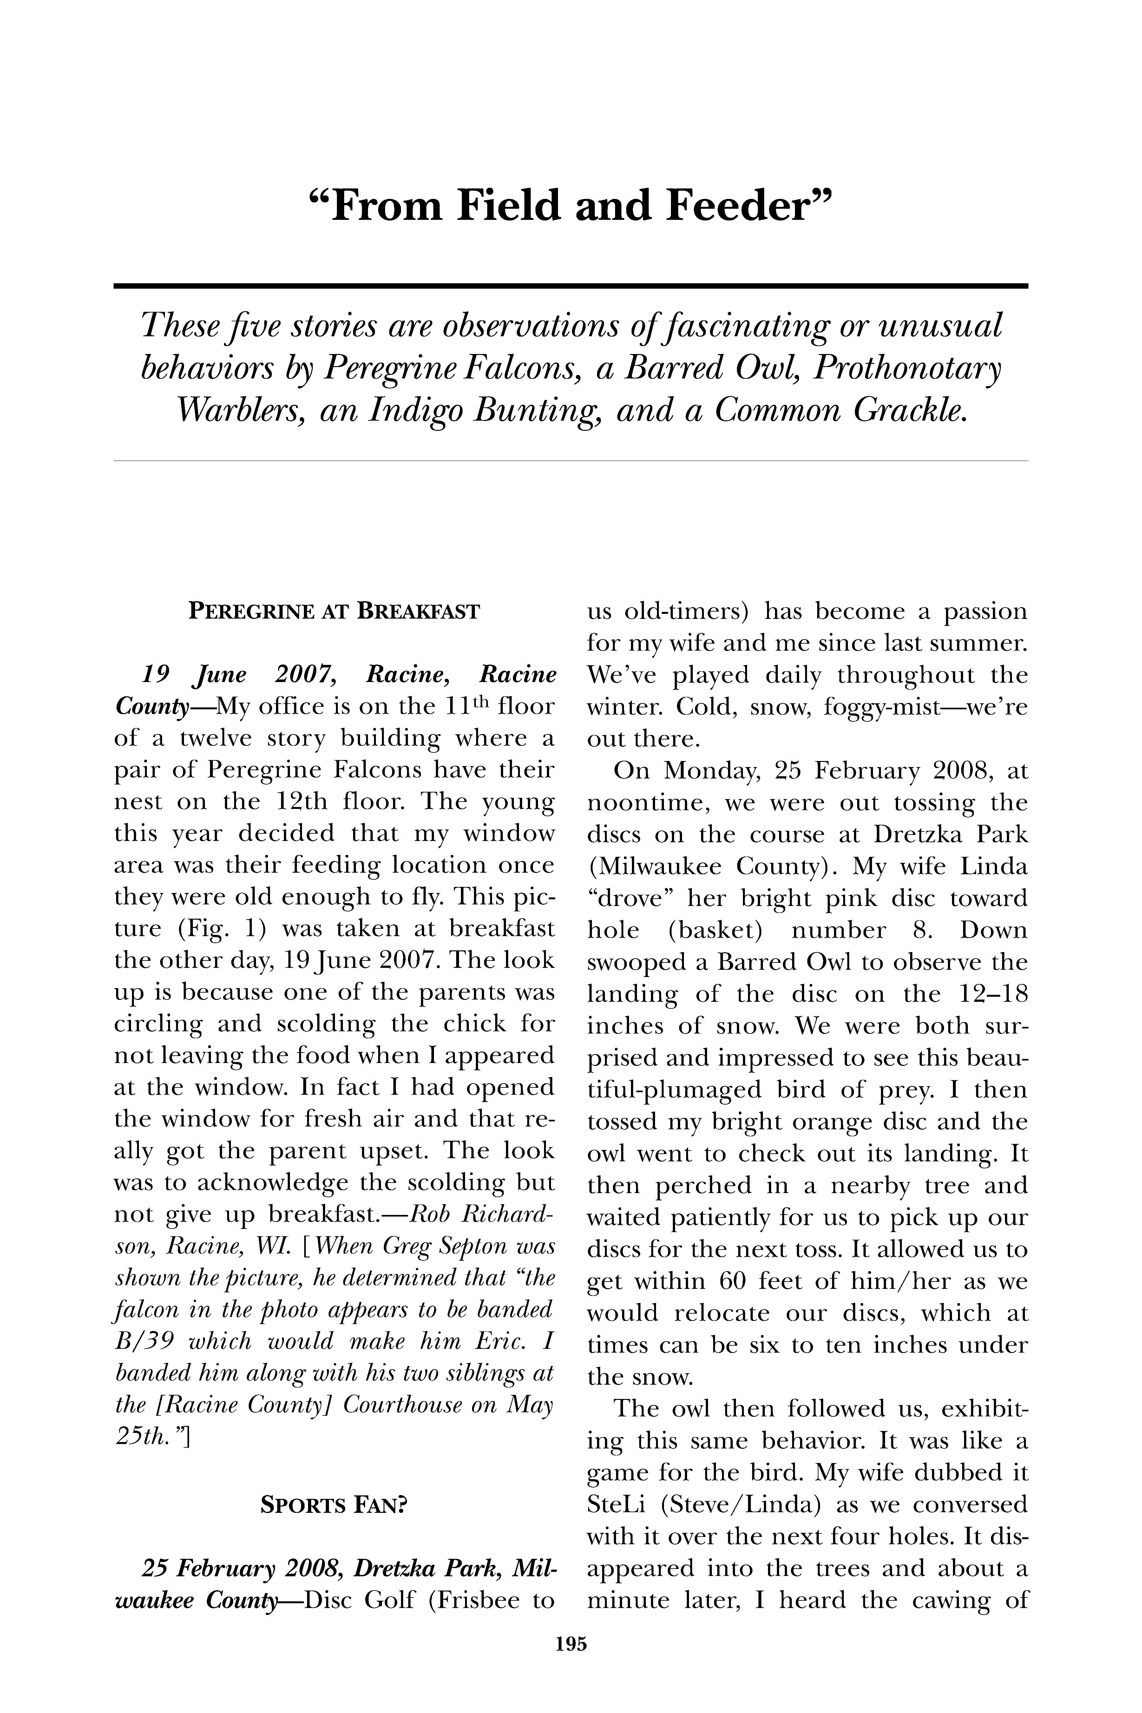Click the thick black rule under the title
coord(570,286)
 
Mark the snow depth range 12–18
coord(984,994)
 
